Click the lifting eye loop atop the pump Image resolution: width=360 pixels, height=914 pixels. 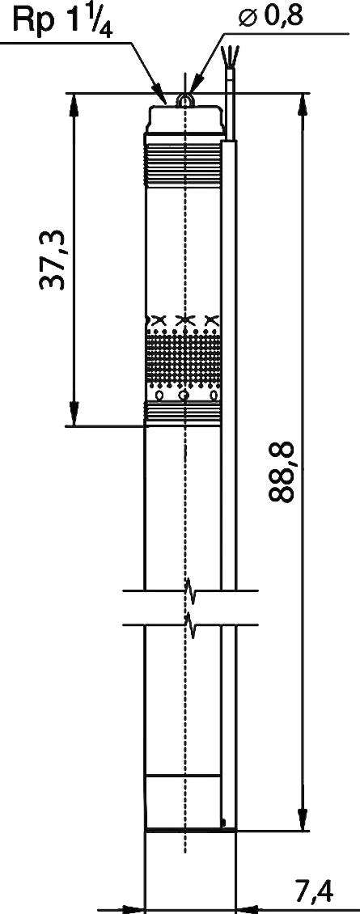185,101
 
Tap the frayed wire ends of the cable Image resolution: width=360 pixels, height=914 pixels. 229,56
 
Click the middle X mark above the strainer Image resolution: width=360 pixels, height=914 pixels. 185,319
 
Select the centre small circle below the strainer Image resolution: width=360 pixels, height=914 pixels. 185,396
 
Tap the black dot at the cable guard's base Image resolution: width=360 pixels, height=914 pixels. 225,823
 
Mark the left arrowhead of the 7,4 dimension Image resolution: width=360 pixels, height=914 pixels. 134,909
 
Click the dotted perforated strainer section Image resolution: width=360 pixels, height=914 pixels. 183,359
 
